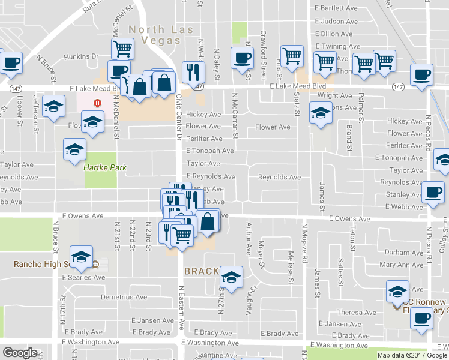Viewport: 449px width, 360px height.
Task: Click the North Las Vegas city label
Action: click(154, 35)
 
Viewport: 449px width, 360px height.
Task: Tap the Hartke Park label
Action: click(105, 168)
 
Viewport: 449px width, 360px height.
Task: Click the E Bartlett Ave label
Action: click(337, 8)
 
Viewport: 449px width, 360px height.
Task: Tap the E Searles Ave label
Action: click(83, 277)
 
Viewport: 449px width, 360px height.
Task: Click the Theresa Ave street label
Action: click(357, 313)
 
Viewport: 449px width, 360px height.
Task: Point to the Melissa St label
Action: click(291, 267)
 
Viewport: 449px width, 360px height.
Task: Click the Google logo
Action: click(19, 352)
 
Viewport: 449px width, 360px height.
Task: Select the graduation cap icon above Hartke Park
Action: click(74, 149)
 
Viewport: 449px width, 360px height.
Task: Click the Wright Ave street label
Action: click(335, 95)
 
